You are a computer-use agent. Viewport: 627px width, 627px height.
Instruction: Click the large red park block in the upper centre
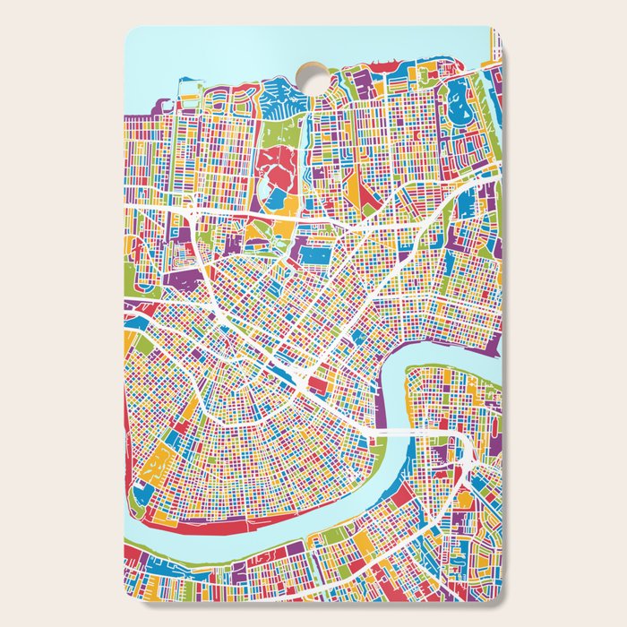281,170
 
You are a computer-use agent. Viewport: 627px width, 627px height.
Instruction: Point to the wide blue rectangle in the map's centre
313,255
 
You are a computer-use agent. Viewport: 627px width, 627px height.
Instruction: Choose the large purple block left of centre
184,283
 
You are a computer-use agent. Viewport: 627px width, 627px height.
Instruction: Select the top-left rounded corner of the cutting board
129,31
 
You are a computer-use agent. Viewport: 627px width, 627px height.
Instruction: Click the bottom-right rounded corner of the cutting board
498,597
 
